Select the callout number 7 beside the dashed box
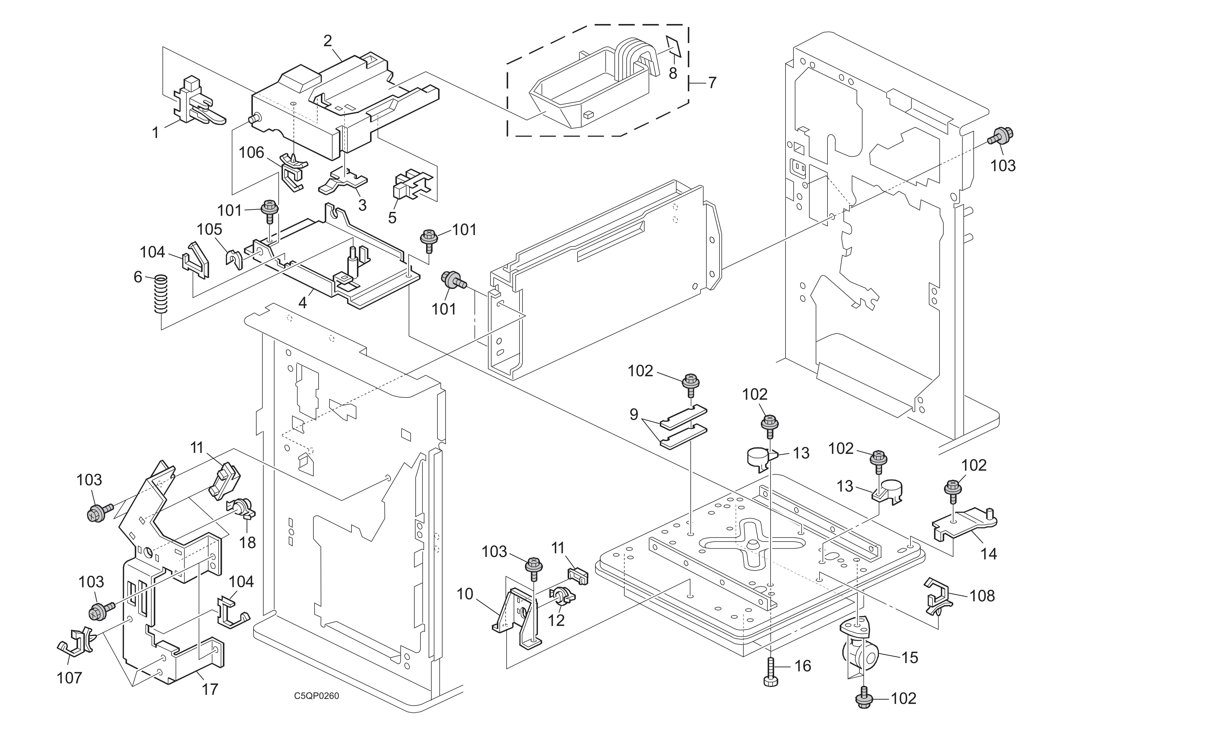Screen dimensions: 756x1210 (712, 82)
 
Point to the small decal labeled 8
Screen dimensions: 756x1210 (673, 47)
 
